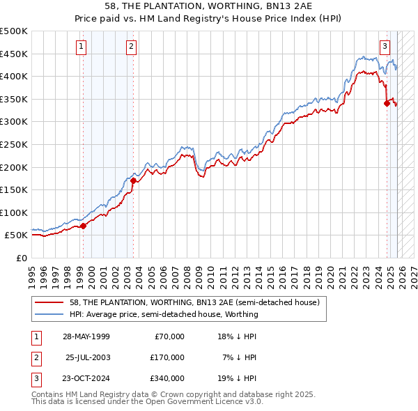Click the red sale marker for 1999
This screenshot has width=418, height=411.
click(83, 226)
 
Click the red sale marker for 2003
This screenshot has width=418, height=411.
click(132, 180)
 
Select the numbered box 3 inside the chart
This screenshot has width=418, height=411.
click(385, 47)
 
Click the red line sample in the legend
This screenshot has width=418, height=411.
click(49, 302)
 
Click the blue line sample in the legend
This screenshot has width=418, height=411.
click(49, 314)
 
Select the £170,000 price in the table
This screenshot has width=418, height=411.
click(167, 357)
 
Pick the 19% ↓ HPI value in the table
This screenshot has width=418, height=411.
click(237, 378)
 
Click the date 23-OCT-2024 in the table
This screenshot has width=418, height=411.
click(86, 378)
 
